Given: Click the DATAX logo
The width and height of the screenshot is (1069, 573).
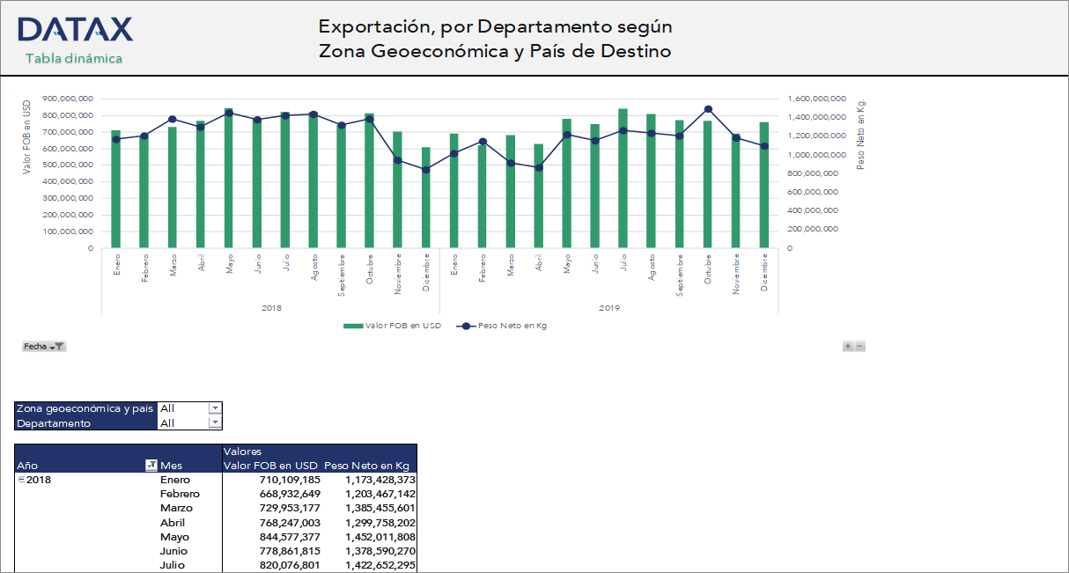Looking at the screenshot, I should tap(75, 29).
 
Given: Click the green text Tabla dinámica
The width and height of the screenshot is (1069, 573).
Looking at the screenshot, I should tap(73, 58).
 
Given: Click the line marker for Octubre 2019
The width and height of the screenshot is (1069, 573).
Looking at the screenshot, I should tap(708, 110).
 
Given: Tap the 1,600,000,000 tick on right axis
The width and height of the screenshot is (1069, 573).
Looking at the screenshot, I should tap(818, 99).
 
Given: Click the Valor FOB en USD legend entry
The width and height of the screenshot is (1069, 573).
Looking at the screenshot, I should tap(392, 326).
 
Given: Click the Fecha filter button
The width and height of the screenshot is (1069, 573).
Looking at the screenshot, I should tap(44, 347).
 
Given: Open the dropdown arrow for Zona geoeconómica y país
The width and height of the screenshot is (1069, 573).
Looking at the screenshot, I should tap(215, 408).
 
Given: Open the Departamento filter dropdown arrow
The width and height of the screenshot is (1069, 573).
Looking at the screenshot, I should tap(215, 422).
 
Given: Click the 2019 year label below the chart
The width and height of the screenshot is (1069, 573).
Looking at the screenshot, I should tap(608, 308).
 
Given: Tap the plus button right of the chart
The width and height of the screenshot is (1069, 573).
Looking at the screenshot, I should tap(848, 347).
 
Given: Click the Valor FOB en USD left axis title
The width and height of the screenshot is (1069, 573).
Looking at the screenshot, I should tap(27, 136).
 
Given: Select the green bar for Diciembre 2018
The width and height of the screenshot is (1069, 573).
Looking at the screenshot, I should tap(426, 197).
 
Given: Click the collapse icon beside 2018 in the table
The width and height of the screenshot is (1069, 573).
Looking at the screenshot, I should tap(21, 480).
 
